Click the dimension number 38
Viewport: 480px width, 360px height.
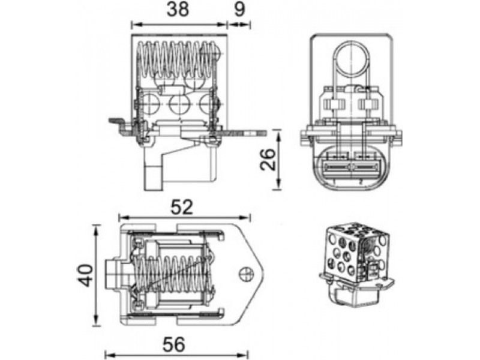click(178, 9)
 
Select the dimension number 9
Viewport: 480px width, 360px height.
click(239, 9)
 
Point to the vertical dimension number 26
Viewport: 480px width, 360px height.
click(268, 159)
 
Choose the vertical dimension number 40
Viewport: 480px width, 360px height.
click(85, 275)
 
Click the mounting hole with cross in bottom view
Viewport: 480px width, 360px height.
click(247, 274)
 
